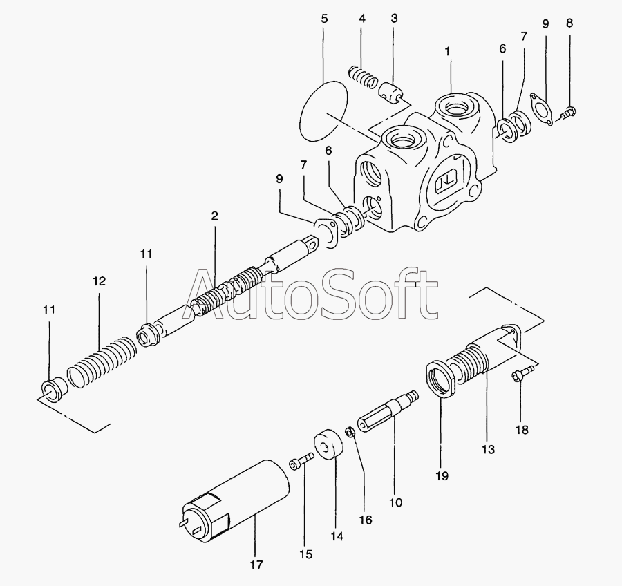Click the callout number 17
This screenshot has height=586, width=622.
click(256, 564)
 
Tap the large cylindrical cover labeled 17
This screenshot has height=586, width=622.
click(234, 501)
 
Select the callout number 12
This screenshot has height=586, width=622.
click(99, 281)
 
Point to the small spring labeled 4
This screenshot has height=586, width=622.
click(361, 77)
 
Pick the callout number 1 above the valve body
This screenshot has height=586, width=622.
click(447, 52)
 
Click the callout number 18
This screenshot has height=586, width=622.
click(522, 429)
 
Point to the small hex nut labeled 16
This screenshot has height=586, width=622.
click(350, 432)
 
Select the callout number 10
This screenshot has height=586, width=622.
click(395, 502)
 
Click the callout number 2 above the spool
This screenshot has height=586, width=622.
click(215, 216)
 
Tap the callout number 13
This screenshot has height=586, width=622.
click(489, 449)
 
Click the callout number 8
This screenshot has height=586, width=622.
click(569, 23)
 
